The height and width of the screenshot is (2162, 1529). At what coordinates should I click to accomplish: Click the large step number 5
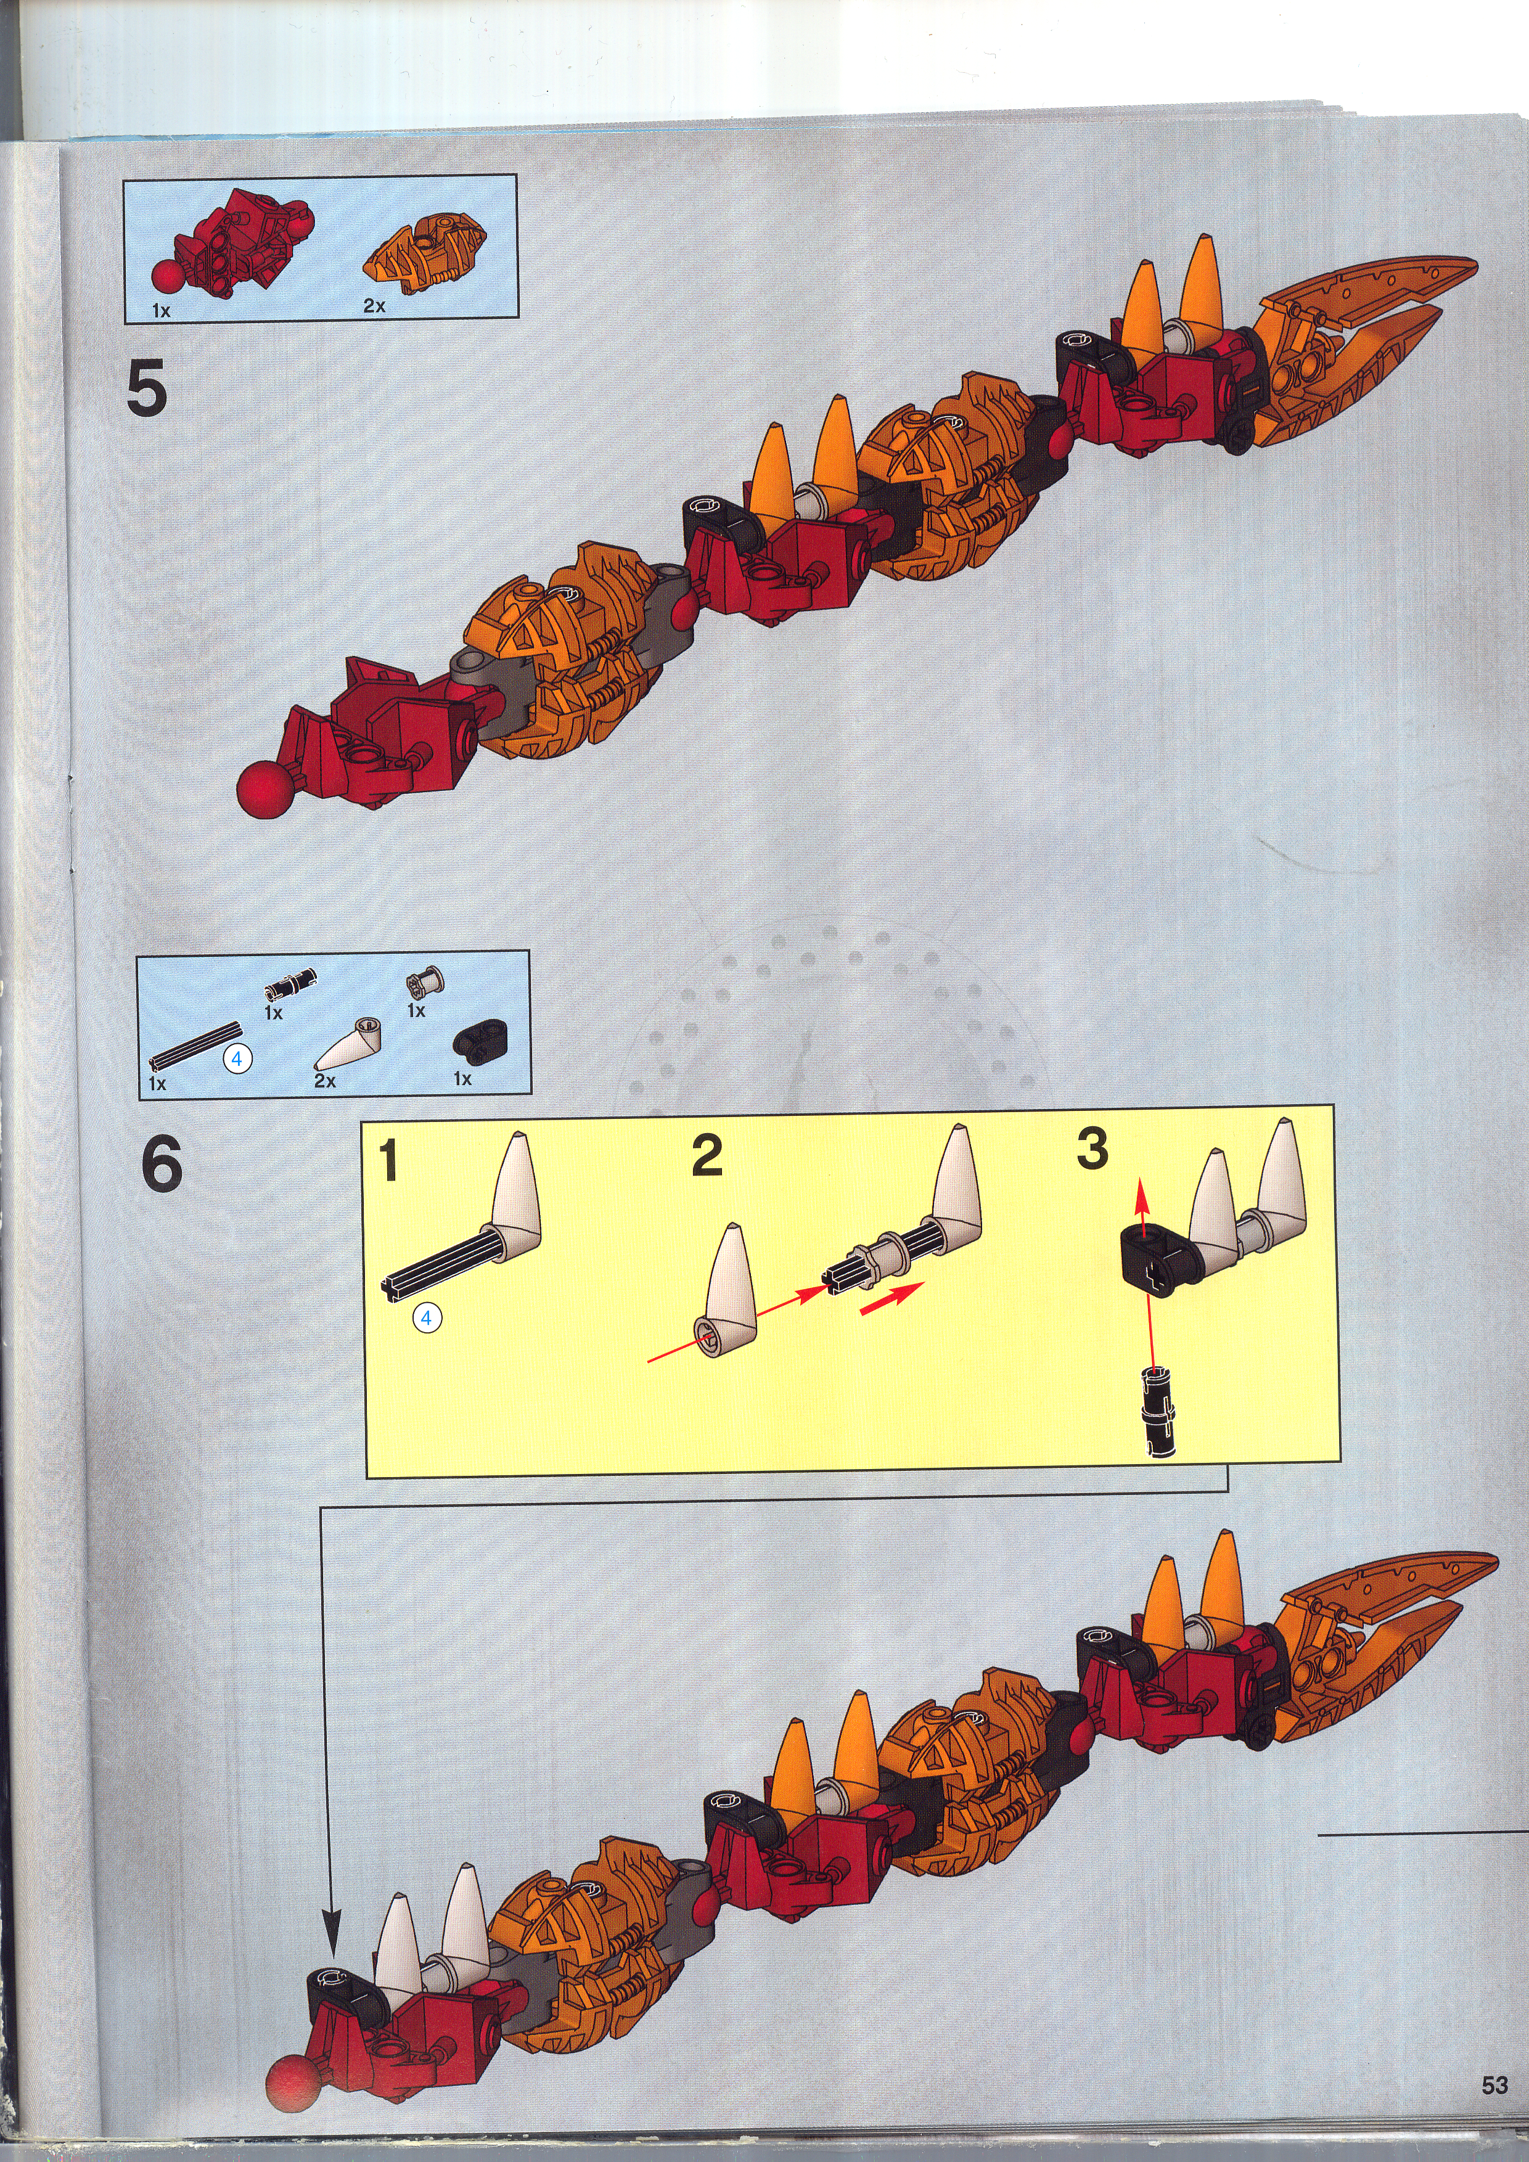[147, 387]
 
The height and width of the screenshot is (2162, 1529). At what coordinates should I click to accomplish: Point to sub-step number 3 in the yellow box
[1092, 1149]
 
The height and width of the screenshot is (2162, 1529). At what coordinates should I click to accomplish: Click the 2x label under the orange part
[375, 306]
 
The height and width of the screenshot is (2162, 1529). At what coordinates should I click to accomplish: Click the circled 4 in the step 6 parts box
[236, 1058]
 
